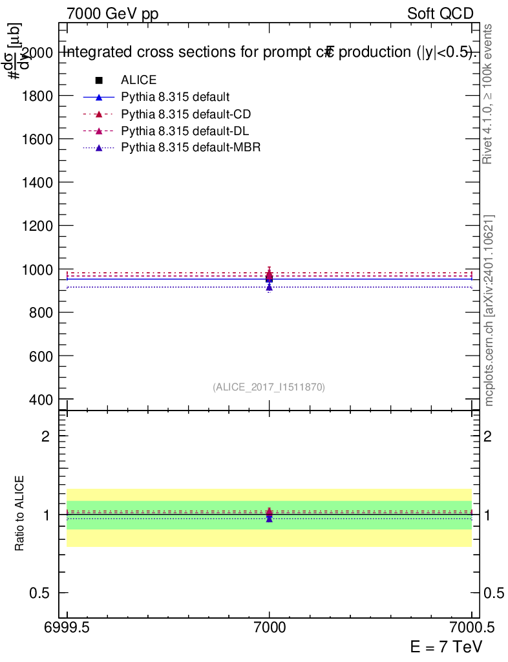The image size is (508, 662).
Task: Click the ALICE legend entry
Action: pyautogui.click(x=138, y=80)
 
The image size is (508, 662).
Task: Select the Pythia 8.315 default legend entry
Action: pyautogui.click(x=175, y=98)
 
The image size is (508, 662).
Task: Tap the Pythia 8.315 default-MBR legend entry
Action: pyautogui.click(x=190, y=148)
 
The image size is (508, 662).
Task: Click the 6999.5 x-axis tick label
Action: pyautogui.click(x=67, y=627)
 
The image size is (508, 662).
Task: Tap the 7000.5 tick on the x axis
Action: pyautogui.click(x=471, y=627)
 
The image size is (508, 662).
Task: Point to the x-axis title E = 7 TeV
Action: pyautogui.click(x=446, y=646)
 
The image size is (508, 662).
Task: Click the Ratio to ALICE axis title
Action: pyautogui.click(x=20, y=515)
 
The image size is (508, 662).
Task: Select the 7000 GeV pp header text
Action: pyautogui.click(x=112, y=14)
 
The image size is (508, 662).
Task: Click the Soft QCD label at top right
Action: pyautogui.click(x=440, y=14)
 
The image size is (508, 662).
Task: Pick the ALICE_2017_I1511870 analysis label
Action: pyautogui.click(x=269, y=387)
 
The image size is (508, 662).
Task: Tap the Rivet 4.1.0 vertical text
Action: pyautogui.click(x=489, y=94)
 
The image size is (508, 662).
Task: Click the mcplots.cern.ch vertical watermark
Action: pyautogui.click(x=489, y=310)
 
